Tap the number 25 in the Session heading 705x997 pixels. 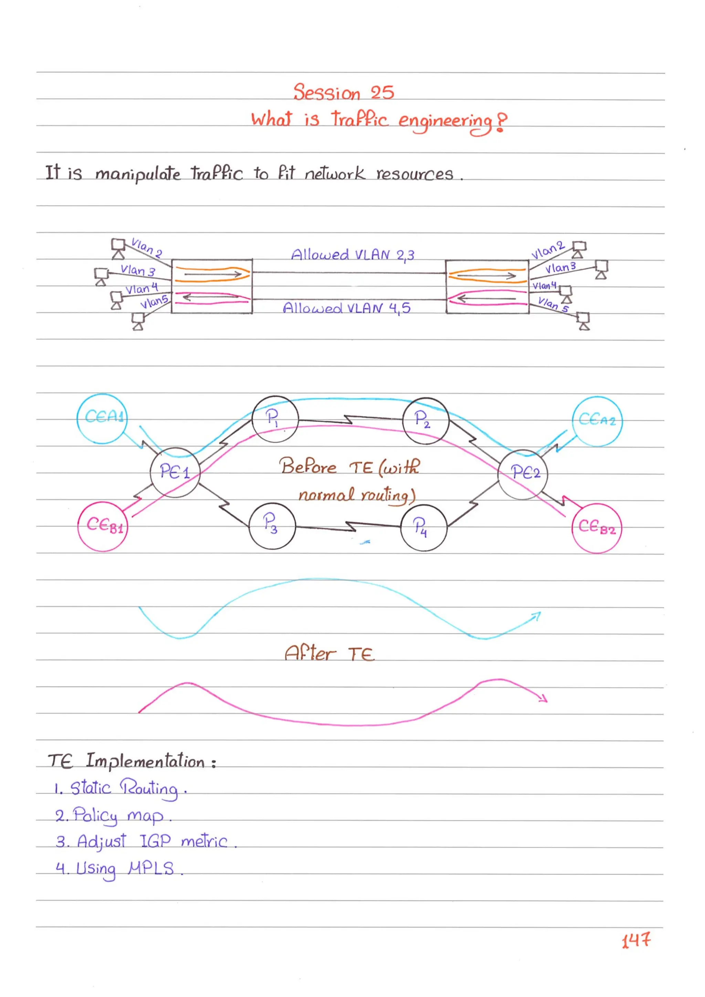(382, 93)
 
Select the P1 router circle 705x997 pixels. (275, 419)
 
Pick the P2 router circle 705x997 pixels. (425, 420)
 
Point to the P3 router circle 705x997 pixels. (272, 526)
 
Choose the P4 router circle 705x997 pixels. (423, 528)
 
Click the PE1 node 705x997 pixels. (175, 472)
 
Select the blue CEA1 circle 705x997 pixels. (102, 418)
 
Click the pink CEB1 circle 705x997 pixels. (103, 526)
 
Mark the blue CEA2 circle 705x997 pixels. (597, 421)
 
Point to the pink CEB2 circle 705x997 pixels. (597, 528)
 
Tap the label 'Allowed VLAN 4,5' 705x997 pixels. (346, 308)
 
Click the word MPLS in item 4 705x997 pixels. (151, 869)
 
